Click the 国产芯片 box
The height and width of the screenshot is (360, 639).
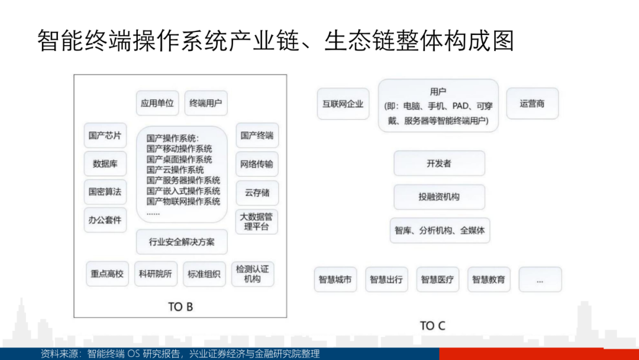click(105, 136)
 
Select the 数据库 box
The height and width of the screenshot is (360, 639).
click(105, 164)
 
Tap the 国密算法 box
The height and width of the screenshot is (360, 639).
click(105, 192)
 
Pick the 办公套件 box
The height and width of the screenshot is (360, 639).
click(105, 220)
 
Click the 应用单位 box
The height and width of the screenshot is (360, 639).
click(157, 103)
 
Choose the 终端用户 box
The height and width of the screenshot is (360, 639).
click(206, 103)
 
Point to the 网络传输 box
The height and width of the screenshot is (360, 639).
click(257, 164)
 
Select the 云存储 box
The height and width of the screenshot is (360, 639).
click(257, 193)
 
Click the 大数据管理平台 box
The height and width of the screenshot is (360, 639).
click(257, 222)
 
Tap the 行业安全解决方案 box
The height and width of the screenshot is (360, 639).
click(182, 242)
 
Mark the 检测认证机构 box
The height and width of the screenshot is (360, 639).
click(253, 274)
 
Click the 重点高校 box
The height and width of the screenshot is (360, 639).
click(107, 274)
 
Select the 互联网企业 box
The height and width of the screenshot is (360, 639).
click(343, 104)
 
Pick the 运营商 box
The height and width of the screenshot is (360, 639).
click(532, 104)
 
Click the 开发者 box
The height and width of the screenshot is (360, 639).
click(439, 163)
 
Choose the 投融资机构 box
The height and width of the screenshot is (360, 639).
click(439, 197)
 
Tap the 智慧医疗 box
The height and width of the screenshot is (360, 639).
click(438, 279)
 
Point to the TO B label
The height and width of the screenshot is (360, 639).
click(180, 307)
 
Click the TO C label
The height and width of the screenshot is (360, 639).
click(433, 326)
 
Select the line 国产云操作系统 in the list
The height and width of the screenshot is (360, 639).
click(175, 170)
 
